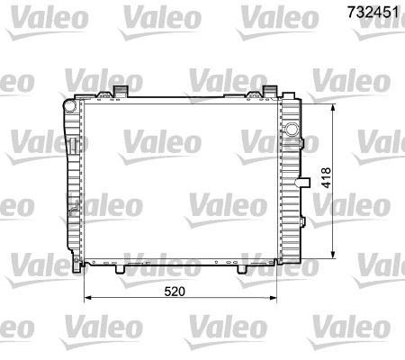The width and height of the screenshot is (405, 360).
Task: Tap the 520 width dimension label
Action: point(176,289)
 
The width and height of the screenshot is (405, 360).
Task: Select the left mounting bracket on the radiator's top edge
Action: point(118,90)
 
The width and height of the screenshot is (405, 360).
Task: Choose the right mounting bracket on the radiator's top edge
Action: point(269,90)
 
